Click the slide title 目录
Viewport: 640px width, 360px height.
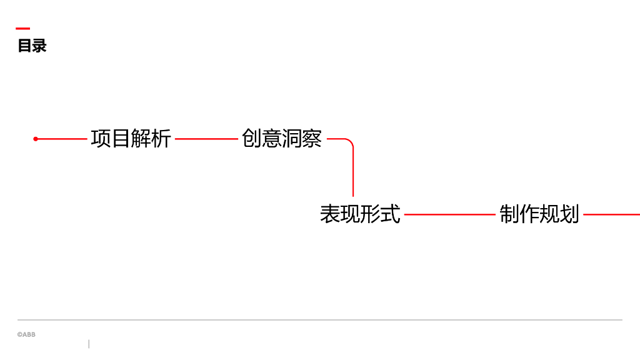click(x=32, y=46)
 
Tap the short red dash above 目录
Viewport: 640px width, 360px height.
click(x=22, y=28)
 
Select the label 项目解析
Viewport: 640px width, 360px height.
click(x=131, y=139)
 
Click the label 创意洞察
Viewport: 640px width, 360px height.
click(x=282, y=139)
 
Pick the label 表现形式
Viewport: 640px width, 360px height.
click(x=360, y=214)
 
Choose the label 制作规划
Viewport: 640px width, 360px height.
click(x=539, y=214)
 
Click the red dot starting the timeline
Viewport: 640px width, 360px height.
click(x=36, y=139)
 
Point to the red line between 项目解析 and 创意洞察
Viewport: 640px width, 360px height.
click(x=206, y=139)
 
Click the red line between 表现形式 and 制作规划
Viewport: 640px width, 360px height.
click(x=449, y=214)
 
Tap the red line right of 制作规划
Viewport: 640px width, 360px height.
click(x=611, y=214)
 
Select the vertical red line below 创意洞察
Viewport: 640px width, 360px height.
click(x=353, y=175)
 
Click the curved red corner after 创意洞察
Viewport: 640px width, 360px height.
click(x=350, y=142)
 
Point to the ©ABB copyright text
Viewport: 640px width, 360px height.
click(x=26, y=335)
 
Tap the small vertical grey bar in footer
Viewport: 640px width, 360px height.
click(x=89, y=344)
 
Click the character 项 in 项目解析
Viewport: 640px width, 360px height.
click(x=101, y=139)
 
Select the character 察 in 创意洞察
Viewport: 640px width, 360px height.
click(x=312, y=139)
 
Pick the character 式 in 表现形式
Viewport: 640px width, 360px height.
click(x=390, y=214)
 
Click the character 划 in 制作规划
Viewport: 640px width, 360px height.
click(x=569, y=214)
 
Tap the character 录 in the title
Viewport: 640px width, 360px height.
click(x=39, y=46)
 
